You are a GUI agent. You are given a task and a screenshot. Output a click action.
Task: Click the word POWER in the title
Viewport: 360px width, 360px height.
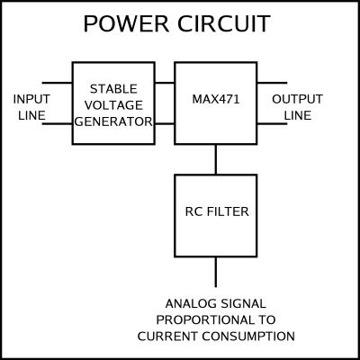126,24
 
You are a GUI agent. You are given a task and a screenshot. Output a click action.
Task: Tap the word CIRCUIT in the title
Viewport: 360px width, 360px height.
224,24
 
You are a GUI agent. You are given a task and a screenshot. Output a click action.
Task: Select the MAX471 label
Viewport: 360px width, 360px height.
216,99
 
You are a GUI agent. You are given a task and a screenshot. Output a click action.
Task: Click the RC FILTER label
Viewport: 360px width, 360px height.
217,211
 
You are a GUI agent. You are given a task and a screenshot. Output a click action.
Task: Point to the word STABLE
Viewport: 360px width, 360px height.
113,89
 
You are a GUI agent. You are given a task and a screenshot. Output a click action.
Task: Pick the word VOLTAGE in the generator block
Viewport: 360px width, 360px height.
113,105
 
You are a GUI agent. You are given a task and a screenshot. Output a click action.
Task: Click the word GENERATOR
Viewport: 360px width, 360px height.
113,121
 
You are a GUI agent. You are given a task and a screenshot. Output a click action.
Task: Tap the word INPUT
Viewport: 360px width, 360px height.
31,99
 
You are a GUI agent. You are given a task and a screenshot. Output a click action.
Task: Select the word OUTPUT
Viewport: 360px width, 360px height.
297,99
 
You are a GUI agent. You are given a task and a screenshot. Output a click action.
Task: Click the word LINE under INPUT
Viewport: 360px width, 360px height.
31,115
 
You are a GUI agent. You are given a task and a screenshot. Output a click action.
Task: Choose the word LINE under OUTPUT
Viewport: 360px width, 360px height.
298,115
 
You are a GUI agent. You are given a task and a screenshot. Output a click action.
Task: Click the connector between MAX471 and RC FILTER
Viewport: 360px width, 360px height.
216,159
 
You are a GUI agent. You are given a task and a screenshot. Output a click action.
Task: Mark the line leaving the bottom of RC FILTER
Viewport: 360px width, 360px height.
216,272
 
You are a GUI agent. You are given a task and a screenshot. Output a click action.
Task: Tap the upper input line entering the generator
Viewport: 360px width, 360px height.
57,83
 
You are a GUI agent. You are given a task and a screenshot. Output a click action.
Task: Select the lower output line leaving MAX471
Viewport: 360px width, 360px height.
272,123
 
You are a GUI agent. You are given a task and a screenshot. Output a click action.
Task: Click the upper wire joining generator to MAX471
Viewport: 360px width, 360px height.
165,83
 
